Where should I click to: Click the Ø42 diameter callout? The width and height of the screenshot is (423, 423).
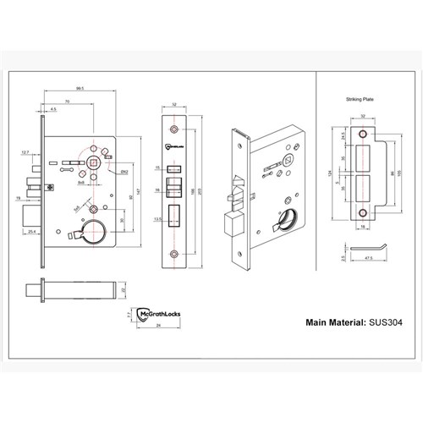[124, 172]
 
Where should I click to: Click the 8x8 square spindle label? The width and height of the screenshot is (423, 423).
[81, 181]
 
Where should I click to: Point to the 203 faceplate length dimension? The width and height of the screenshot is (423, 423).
[201, 194]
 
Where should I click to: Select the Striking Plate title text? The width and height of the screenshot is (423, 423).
[359, 99]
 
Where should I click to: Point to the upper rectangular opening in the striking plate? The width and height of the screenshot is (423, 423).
[365, 157]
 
